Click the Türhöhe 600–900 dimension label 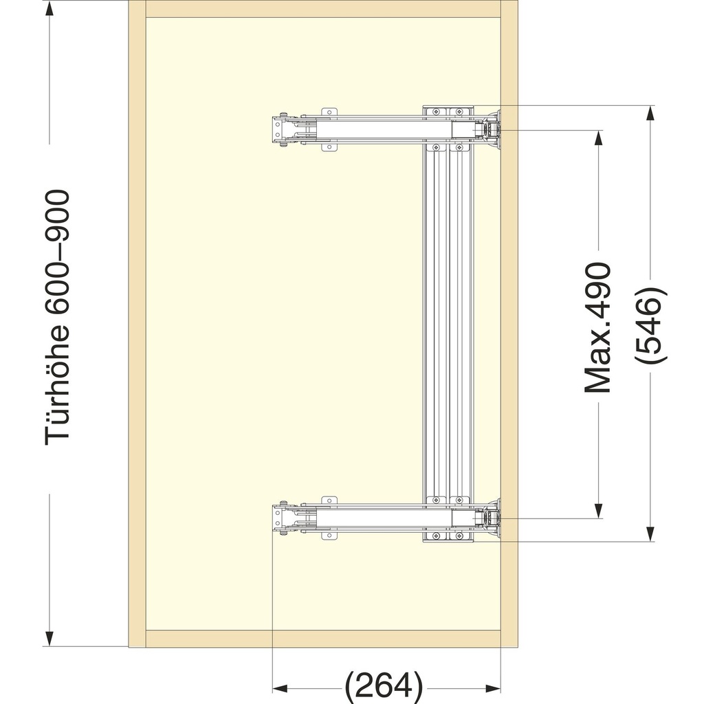58,318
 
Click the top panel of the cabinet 323,9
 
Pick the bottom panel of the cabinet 323,638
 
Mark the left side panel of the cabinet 137,323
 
